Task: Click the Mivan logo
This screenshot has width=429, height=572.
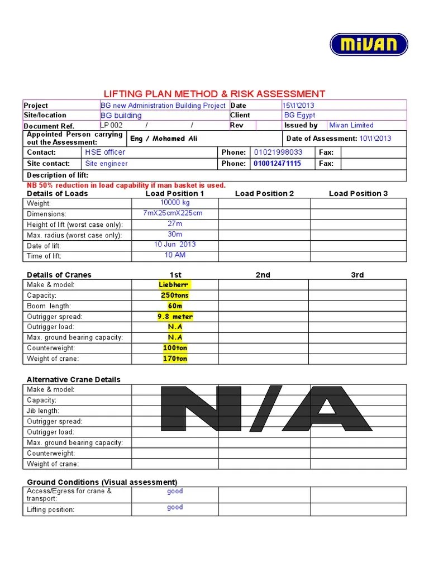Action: (369, 45)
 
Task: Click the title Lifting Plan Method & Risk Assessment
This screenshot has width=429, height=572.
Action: (214, 94)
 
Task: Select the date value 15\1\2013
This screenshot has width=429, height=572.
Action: (298, 105)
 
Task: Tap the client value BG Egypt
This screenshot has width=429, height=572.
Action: (299, 115)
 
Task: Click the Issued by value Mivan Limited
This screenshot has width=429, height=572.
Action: (351, 125)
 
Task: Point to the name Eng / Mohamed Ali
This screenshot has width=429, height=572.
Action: (164, 139)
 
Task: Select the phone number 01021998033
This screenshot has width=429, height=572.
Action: (278, 152)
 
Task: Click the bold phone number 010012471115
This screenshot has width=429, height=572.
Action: (277, 164)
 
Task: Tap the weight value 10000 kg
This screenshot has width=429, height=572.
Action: (175, 203)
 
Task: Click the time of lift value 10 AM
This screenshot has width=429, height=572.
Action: (175, 255)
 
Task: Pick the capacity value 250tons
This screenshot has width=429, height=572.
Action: (175, 295)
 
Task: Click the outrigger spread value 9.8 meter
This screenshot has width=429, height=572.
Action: (175, 316)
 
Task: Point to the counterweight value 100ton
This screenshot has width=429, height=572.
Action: (175, 348)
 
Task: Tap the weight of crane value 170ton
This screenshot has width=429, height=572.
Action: (175, 359)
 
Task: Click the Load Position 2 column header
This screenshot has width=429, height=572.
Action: (264, 193)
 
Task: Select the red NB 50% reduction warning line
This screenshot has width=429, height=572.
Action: (126, 185)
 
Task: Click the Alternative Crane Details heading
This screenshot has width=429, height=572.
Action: (74, 379)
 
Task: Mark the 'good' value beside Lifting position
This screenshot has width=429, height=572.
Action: (175, 507)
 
